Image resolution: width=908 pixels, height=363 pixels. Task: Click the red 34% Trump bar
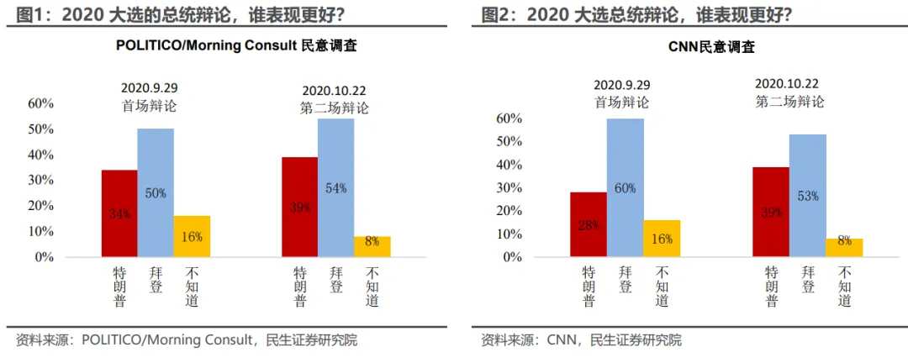coord(119,213)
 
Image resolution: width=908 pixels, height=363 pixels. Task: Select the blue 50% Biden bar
coord(156,192)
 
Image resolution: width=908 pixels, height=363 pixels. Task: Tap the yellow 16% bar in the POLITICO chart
coord(192,236)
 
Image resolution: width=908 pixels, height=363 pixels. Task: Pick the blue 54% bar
coord(335,187)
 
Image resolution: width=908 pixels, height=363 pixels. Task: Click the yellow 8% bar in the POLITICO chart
coord(372,246)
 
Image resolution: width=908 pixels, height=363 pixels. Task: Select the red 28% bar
coord(589,224)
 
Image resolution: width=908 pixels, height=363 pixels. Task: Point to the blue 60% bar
coord(626,187)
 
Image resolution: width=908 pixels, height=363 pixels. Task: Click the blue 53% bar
coord(808,196)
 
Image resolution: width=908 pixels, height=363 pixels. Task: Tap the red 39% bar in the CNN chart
coord(771,212)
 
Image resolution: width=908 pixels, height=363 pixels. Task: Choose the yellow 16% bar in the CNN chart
coord(662,239)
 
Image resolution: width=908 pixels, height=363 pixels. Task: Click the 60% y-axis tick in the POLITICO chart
coord(41,103)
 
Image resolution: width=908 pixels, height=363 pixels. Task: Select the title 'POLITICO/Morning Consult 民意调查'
coord(236,46)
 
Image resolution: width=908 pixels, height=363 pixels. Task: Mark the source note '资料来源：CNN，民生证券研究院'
coord(581,340)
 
